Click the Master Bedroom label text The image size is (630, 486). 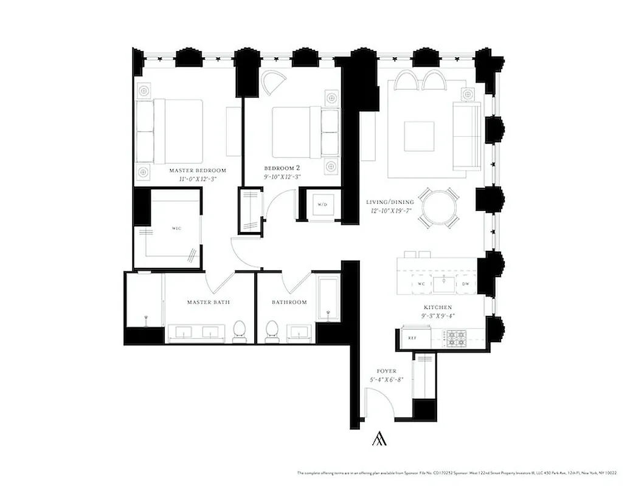tap(198, 170)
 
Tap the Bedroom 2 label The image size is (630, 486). tap(282, 168)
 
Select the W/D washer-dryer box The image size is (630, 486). tap(322, 205)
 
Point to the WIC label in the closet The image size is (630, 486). tap(176, 228)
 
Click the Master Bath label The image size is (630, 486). tap(208, 302)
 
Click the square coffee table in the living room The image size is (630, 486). tap(420, 137)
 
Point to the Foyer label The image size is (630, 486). tap(387, 371)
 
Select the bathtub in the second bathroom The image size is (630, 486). tap(328, 299)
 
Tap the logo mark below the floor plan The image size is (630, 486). tap(379, 439)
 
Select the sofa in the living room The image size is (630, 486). tap(467, 137)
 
